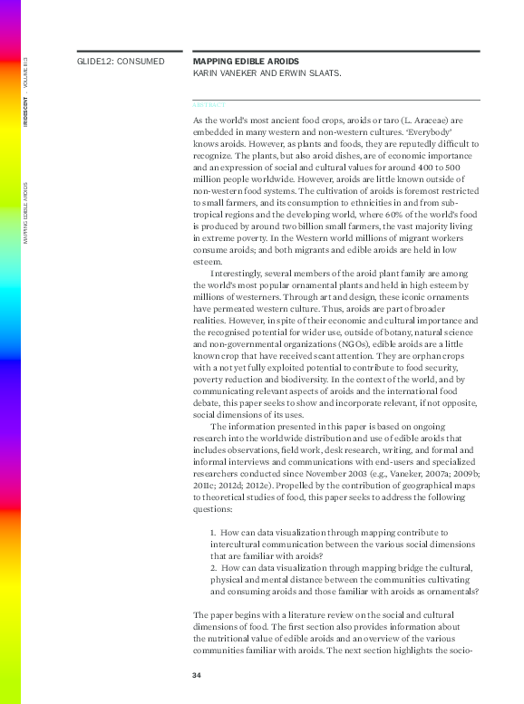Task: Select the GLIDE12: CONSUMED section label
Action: [121, 62]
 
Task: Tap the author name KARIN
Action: [208, 73]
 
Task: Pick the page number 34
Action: [197, 676]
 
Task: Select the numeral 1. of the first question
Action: [213, 533]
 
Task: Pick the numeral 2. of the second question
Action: [213, 568]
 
